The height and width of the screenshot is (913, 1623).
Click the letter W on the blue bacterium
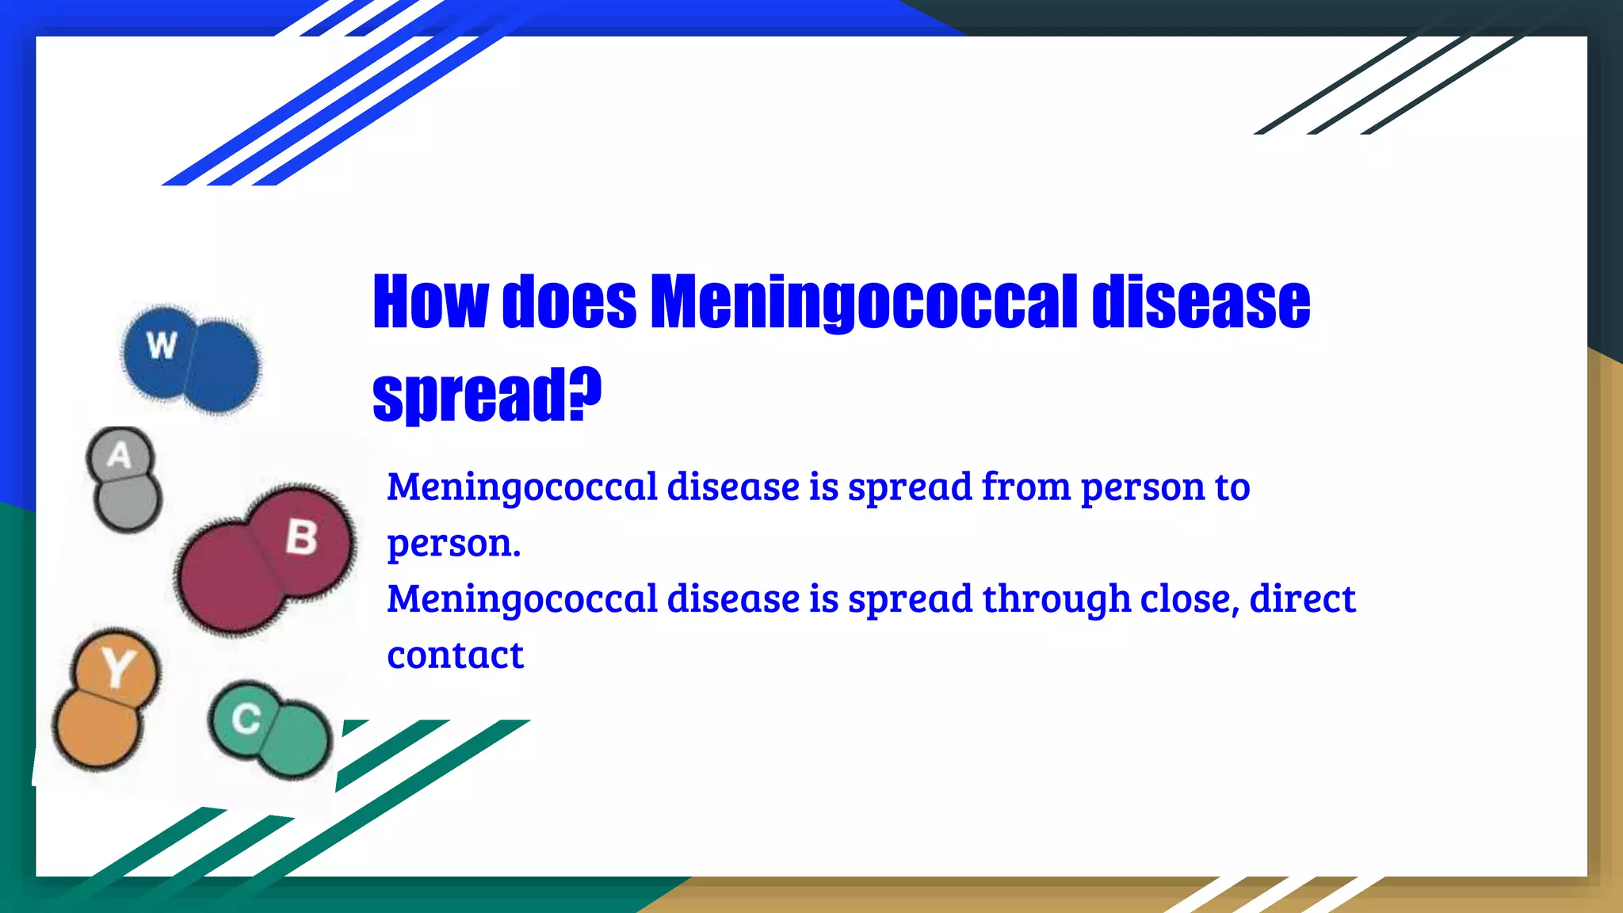pyautogui.click(x=162, y=346)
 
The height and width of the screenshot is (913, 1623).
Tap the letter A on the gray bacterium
pyautogui.click(x=119, y=456)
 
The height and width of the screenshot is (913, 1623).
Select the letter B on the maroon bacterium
pyautogui.click(x=301, y=537)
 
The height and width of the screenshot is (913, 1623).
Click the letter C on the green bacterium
pyautogui.click(x=246, y=719)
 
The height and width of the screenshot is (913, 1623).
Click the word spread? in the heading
pyautogui.click(x=487, y=394)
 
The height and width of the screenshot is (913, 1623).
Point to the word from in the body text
pyautogui.click(x=1026, y=487)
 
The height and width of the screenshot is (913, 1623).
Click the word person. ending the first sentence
pyautogui.click(x=453, y=544)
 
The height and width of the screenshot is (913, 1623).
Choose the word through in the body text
pyautogui.click(x=1056, y=599)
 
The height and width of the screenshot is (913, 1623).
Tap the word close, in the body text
pyautogui.click(x=1189, y=599)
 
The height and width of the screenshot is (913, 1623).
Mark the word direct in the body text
pyautogui.click(x=1302, y=599)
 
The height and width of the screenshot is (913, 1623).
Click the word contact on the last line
pyautogui.click(x=455, y=655)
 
